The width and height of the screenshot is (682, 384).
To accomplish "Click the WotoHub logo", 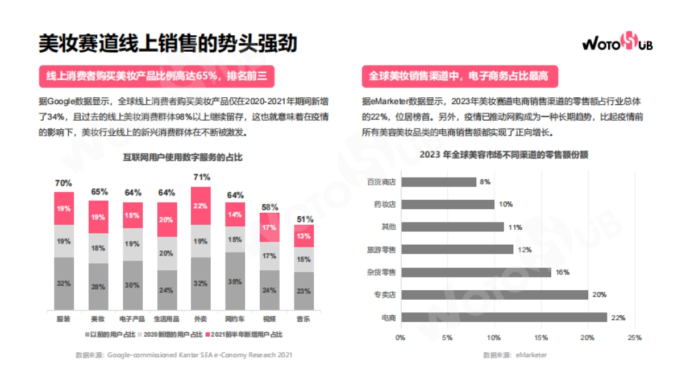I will click(617, 43).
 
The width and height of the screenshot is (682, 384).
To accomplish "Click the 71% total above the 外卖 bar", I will click(201, 177).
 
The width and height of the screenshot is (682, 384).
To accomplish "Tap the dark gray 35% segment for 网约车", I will click(235, 281).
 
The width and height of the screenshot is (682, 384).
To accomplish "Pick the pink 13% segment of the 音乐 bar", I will click(304, 236).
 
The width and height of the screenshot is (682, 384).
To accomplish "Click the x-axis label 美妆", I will click(98, 319).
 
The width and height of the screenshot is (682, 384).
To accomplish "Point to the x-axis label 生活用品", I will click(167, 319).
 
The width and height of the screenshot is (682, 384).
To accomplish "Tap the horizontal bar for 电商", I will click(504, 317).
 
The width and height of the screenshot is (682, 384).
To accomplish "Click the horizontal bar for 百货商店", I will click(438, 182).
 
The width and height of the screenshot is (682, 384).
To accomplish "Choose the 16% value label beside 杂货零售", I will click(562, 272).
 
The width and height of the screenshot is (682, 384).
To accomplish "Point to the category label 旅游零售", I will click(381, 250).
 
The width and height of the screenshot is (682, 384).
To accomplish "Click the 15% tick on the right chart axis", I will click(541, 338).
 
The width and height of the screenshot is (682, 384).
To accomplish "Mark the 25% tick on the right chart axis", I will click(634, 338).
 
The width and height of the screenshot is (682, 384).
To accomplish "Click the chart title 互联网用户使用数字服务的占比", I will click(182, 158).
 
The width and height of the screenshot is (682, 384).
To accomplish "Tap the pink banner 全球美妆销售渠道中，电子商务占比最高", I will click(460, 76).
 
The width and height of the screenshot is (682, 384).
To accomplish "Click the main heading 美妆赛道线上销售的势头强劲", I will click(168, 43).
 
